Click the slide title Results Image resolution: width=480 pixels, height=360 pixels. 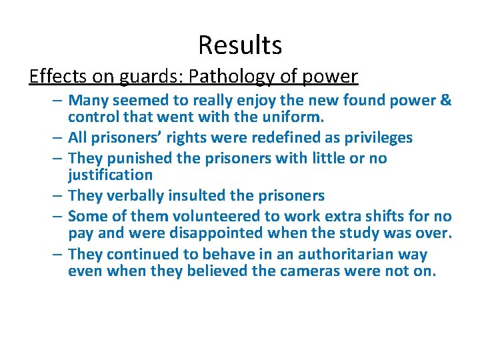[240, 45]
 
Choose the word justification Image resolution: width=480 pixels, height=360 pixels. [111, 175]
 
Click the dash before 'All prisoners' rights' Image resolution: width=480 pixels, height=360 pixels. [58, 138]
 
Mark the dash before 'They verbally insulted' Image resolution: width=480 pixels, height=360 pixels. [58, 196]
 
